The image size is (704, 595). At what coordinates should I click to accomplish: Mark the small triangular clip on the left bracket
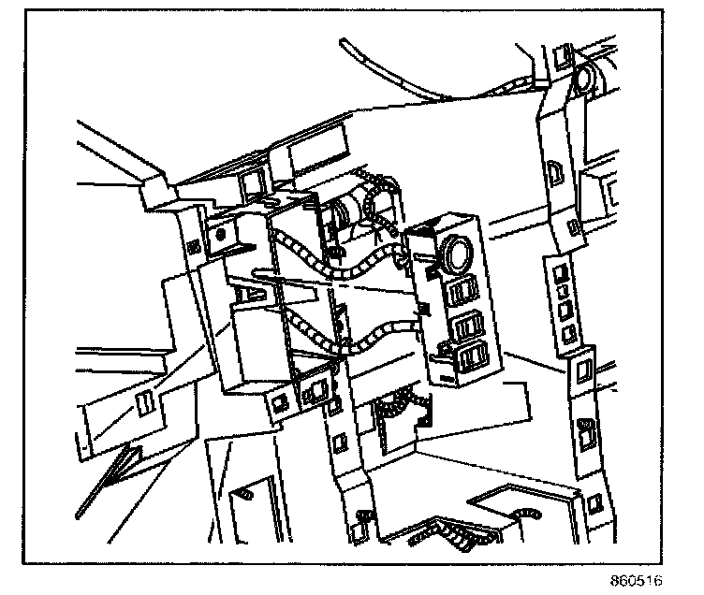coord(247,295)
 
